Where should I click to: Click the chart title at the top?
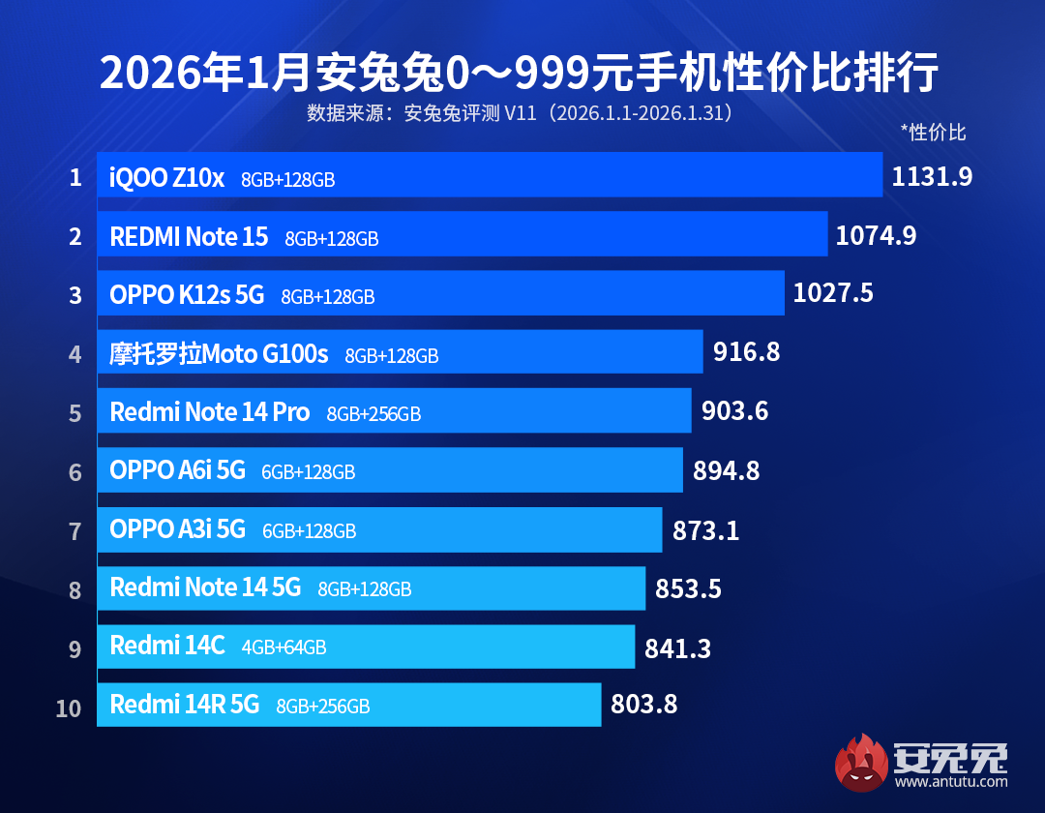coord(520,74)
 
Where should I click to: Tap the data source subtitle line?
coord(520,113)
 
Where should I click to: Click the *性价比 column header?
coord(933,133)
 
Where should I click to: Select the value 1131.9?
coord(932,176)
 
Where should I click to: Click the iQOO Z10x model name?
coord(167,178)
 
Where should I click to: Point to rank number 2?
coord(75,236)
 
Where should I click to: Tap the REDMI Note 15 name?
coord(189,237)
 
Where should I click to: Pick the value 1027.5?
coord(833,293)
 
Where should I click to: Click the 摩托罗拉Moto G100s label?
coord(220,354)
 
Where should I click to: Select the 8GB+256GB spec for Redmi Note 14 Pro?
coord(373,414)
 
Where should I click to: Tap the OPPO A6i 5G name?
coord(178,471)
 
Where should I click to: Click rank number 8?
coord(75,590)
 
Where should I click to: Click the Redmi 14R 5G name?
coord(185,705)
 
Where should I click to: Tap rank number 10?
coord(69,708)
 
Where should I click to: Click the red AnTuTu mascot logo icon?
coord(862,762)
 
